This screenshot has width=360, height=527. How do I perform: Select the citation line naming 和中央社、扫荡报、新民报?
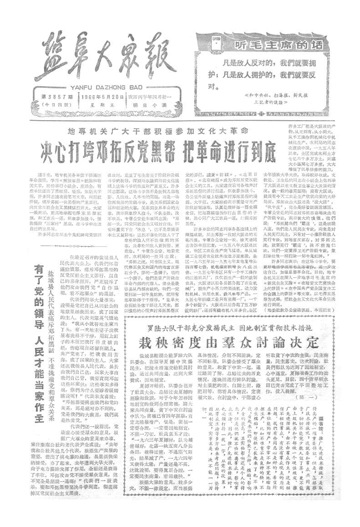point(284,96)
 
